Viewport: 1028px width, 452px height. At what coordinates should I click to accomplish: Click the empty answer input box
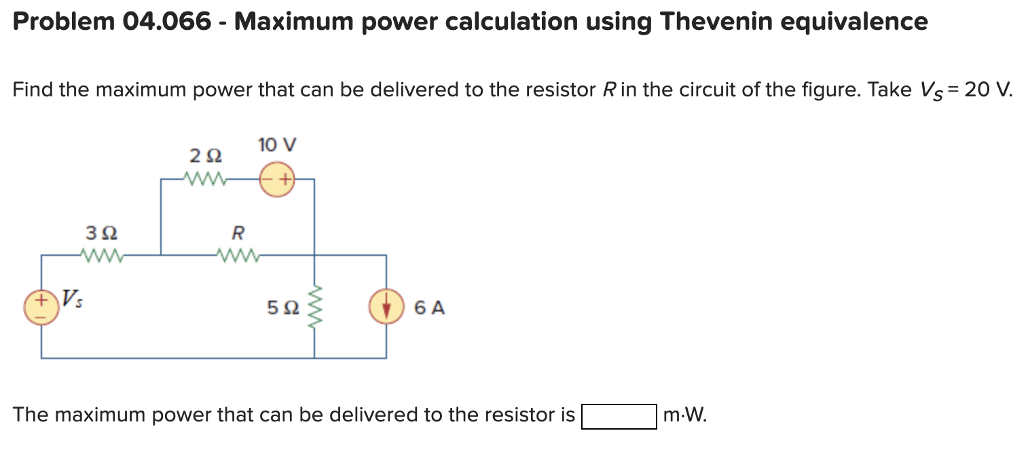(x=619, y=415)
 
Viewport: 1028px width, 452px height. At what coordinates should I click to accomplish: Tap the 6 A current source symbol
(x=386, y=307)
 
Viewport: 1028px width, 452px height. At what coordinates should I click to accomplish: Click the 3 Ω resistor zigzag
(x=101, y=255)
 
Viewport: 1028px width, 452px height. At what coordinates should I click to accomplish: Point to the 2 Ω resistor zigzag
(x=204, y=179)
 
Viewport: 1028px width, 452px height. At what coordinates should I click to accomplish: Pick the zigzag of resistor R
(x=238, y=255)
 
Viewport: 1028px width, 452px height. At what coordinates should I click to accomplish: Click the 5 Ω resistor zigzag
(x=314, y=307)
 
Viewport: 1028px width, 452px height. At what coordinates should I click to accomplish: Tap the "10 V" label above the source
(x=278, y=145)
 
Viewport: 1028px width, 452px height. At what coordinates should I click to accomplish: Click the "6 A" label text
(x=429, y=308)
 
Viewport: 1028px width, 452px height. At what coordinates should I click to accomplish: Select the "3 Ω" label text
(x=101, y=233)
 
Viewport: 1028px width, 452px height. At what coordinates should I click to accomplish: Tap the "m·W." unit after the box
(x=684, y=415)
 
